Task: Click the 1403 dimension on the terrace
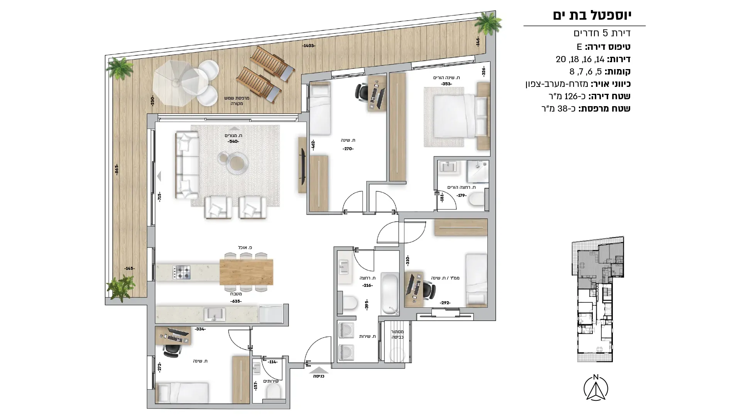point(309,46)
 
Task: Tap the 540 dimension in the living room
point(233,141)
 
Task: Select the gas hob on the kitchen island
point(181,272)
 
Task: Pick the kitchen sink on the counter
point(215,314)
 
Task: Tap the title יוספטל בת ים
point(592,15)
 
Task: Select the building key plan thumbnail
point(597,299)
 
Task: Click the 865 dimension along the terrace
point(117,170)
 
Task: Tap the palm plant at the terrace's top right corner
point(488,23)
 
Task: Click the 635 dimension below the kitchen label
point(235,301)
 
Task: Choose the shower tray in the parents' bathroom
point(477,172)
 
